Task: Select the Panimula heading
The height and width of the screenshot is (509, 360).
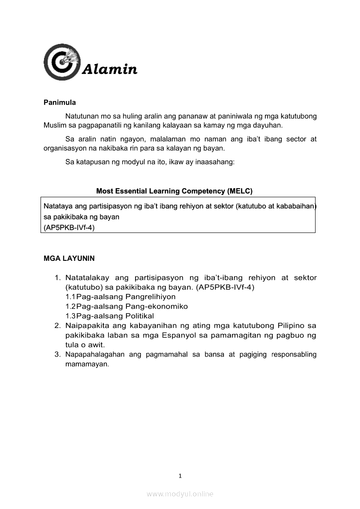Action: tap(60, 103)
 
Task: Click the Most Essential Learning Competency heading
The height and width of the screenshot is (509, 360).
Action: tap(174, 191)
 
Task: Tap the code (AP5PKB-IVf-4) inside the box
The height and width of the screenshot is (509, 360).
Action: tap(69, 227)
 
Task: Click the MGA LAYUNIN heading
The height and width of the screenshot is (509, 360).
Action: tap(69, 258)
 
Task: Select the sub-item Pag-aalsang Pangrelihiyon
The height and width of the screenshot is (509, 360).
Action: tap(126, 297)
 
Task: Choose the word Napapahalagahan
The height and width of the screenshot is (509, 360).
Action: tap(95, 354)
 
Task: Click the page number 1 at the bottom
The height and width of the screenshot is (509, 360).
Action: tap(180, 476)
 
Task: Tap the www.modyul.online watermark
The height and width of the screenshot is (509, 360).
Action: tap(180, 494)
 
